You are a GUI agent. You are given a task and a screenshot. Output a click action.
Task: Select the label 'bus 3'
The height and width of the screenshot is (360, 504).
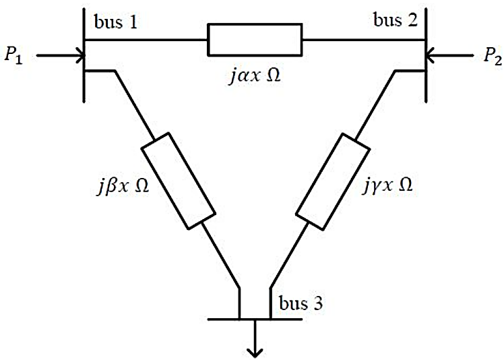298,303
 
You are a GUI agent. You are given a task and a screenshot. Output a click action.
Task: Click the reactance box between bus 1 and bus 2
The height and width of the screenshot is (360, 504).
255,40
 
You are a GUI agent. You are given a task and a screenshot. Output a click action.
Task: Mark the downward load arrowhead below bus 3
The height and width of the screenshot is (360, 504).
255,351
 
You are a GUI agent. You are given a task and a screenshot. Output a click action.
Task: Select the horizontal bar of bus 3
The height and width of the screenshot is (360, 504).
255,319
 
